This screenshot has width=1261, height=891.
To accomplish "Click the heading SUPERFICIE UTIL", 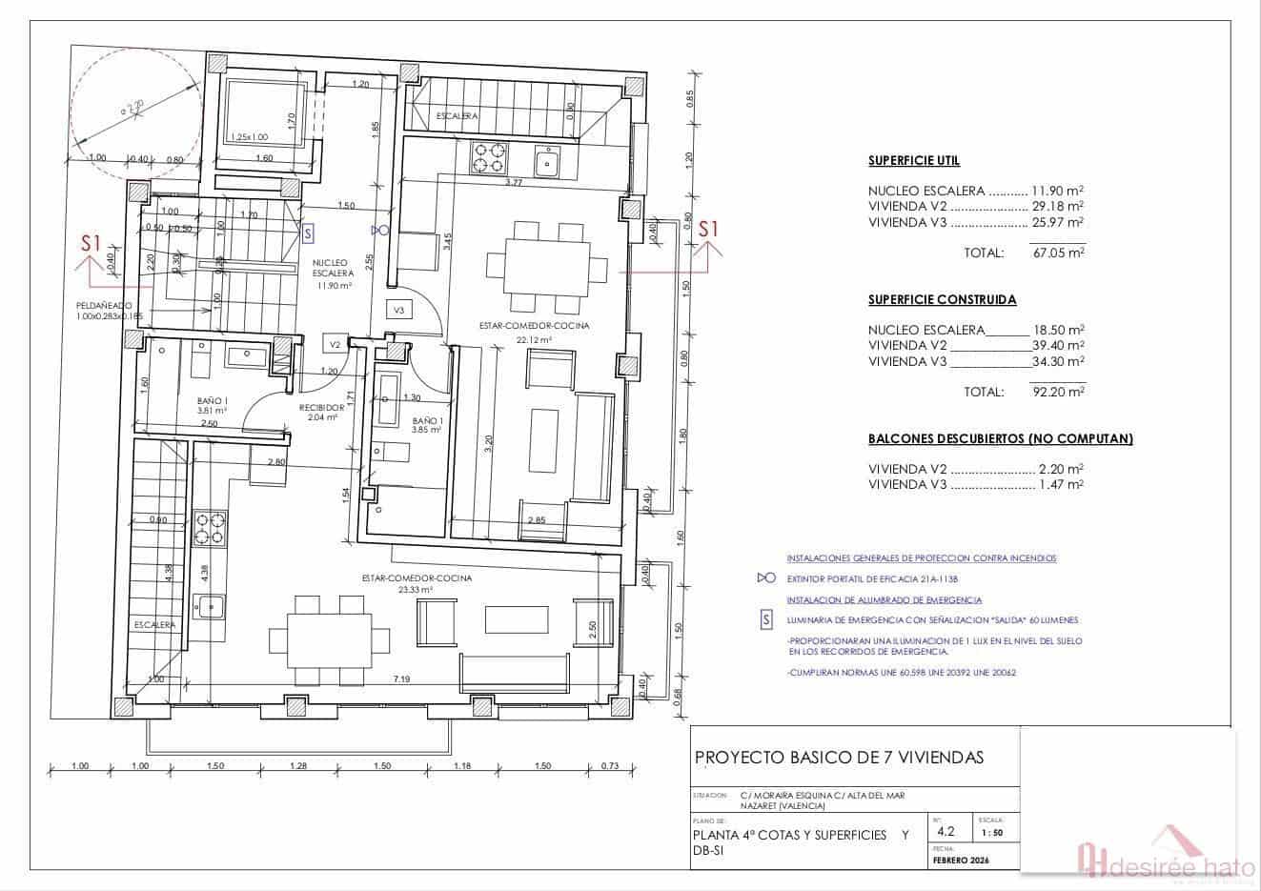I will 913,161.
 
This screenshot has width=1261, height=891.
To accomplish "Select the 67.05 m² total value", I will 1058,253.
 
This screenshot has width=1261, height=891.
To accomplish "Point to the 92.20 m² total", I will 1058,392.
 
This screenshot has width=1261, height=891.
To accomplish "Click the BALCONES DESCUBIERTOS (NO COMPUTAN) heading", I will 1000,439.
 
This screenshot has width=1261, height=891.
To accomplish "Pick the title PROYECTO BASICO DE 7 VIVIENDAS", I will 840,759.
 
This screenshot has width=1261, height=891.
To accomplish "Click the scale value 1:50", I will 991,832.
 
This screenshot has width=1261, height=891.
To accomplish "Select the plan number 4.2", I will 946,831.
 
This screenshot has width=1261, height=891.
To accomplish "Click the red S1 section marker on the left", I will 91,244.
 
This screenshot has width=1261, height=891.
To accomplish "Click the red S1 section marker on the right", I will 708,229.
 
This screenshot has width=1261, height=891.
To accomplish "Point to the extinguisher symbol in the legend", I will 765,578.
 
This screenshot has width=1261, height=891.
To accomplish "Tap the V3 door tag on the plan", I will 399,310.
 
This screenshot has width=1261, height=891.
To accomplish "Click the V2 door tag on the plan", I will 334,344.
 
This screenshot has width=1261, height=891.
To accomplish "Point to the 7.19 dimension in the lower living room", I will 401,679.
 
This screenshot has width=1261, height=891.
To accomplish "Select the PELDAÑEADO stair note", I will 105,311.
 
